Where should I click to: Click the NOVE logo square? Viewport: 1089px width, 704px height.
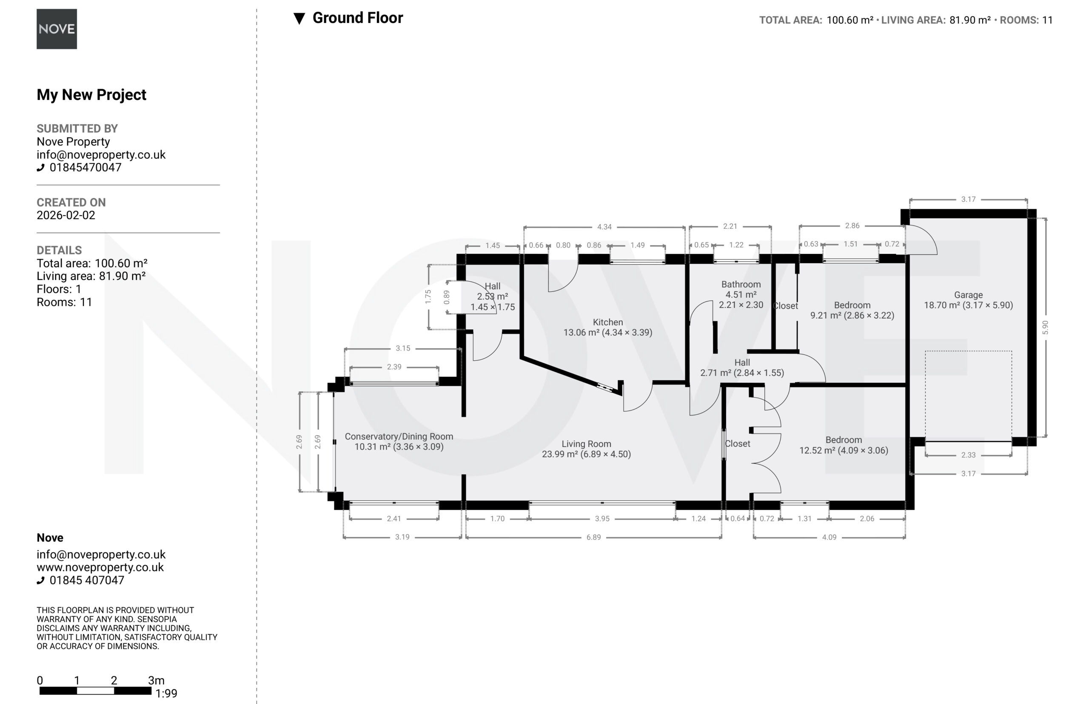tap(57, 29)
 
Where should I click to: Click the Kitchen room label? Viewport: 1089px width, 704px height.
tap(607, 322)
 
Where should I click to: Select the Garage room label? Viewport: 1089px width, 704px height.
tap(968, 295)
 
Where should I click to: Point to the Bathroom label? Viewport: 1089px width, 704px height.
tap(741, 284)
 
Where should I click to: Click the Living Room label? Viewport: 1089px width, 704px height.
tap(586, 444)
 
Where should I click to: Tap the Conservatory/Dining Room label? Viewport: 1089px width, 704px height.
tap(399, 436)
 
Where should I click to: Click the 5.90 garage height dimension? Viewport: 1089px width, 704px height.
tap(1045, 327)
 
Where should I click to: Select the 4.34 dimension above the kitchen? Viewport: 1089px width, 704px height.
tap(604, 227)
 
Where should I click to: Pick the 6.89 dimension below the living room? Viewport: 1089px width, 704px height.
tap(593, 537)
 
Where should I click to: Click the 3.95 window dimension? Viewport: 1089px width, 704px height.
tap(602, 519)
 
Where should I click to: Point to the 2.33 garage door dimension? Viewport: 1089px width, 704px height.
tap(968, 455)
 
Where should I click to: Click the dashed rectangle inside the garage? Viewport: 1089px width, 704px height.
tap(968, 351)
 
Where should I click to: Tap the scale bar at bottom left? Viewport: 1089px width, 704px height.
tap(95, 691)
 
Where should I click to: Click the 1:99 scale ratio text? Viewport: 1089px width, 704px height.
tap(166, 693)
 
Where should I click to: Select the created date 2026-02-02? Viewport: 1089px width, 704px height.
tap(66, 215)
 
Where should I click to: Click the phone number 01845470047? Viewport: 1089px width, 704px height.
tap(86, 167)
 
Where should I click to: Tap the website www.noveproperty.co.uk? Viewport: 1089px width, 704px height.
tap(100, 567)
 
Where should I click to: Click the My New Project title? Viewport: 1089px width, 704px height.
tap(91, 94)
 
